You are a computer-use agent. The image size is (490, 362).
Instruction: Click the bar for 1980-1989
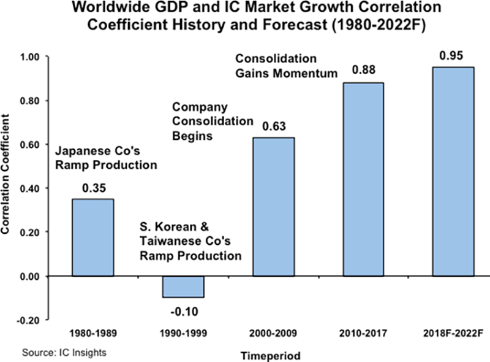pos(92,237)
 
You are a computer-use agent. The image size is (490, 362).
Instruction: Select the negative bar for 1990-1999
pos(183,287)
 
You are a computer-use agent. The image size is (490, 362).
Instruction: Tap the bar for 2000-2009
pos(274,207)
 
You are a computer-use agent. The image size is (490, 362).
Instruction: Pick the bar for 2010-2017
pos(364,179)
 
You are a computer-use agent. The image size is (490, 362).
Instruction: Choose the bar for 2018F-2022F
pos(454,171)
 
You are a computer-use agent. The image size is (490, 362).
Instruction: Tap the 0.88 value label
pos(364,72)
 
